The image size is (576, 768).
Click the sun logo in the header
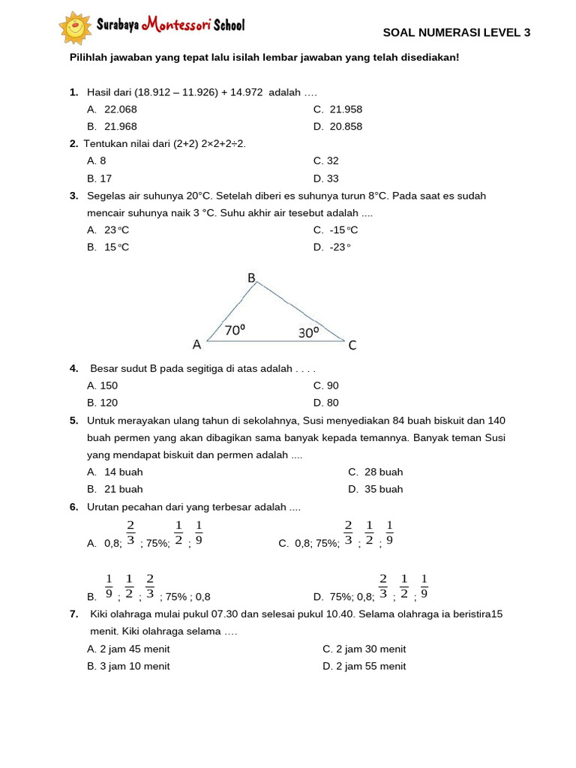(x=75, y=28)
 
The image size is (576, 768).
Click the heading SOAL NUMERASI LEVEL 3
(x=456, y=32)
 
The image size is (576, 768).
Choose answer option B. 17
(x=100, y=178)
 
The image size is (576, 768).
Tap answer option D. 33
(x=326, y=178)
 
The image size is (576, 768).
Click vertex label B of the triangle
(x=252, y=278)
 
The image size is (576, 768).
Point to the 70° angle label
(x=235, y=329)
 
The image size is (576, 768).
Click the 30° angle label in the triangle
(x=308, y=331)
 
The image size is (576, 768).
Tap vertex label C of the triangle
(x=352, y=346)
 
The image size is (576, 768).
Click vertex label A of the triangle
(x=196, y=345)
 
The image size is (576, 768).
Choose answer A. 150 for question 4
(x=103, y=385)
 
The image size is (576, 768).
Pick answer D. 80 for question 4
(x=326, y=403)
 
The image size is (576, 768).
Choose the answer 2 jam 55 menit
(x=364, y=666)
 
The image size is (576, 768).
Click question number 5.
(x=73, y=421)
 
